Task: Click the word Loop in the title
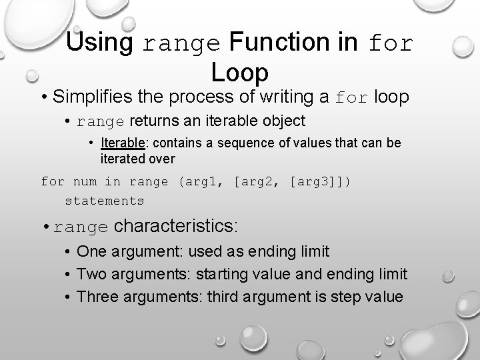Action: pos(239,71)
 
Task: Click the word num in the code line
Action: pos(84,181)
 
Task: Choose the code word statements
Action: pos(105,201)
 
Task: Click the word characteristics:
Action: pos(175,226)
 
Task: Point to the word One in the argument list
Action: pos(91,251)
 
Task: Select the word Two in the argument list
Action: pos(91,274)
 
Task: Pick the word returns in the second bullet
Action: pos(151,121)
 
